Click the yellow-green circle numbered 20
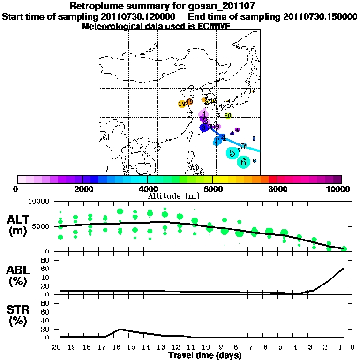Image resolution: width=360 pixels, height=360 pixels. pos(228,115)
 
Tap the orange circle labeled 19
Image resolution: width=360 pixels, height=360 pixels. pos(182,104)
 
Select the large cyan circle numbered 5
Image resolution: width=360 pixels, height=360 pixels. pos(232,152)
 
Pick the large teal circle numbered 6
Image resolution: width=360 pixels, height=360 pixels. pos(244,162)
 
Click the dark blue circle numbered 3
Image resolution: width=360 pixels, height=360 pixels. pos(204,127)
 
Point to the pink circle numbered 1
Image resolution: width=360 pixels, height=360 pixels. pos(203,114)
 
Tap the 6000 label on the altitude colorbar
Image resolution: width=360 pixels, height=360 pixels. pos(212,189)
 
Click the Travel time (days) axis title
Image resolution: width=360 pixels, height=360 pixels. pos(205,355)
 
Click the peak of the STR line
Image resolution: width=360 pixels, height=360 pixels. pos(120,329)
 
